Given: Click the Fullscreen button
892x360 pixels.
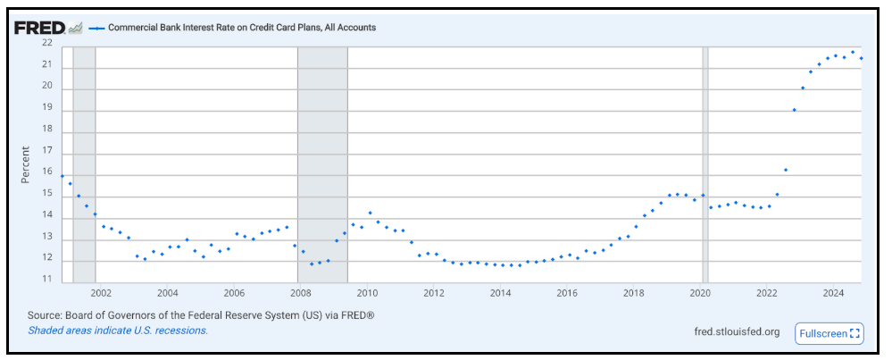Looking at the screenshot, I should (829, 333).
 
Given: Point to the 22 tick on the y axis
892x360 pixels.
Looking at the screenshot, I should (46, 43).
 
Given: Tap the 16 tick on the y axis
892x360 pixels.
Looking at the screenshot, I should (46, 173).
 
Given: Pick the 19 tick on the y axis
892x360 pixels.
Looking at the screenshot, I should (46, 108).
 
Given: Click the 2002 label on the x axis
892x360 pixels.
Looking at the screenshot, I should (100, 293).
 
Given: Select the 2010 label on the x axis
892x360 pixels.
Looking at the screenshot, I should (367, 293).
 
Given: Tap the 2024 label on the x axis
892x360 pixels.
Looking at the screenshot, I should (833, 293).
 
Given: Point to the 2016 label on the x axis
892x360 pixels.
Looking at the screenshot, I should (567, 293).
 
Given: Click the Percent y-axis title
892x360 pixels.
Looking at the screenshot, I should (26, 164).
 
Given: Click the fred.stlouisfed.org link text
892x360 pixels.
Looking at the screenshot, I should (737, 332).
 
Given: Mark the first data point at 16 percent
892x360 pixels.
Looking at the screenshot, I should (62, 176).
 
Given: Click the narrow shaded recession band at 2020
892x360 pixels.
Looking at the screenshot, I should (705, 162).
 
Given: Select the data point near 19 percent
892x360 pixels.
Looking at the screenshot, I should (794, 110).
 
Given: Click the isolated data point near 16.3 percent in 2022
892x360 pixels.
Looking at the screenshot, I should (786, 170).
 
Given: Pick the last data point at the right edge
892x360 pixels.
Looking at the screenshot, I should (861, 58).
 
